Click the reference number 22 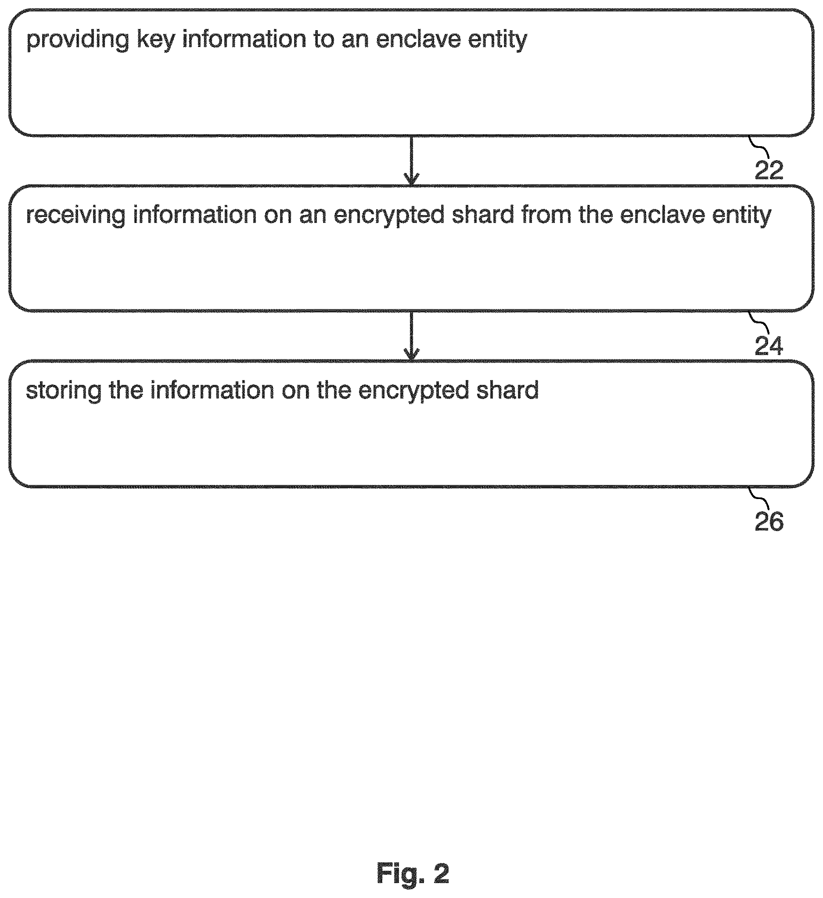(769, 170)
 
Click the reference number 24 (769, 345)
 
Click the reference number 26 (769, 521)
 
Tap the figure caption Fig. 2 (413, 872)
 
